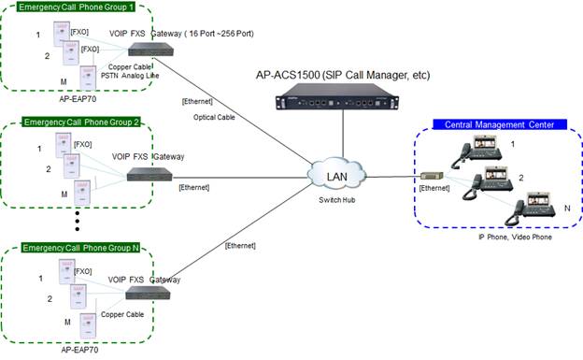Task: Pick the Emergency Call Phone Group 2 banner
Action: point(80,122)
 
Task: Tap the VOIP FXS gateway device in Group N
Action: point(149,293)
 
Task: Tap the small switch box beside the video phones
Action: point(432,175)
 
